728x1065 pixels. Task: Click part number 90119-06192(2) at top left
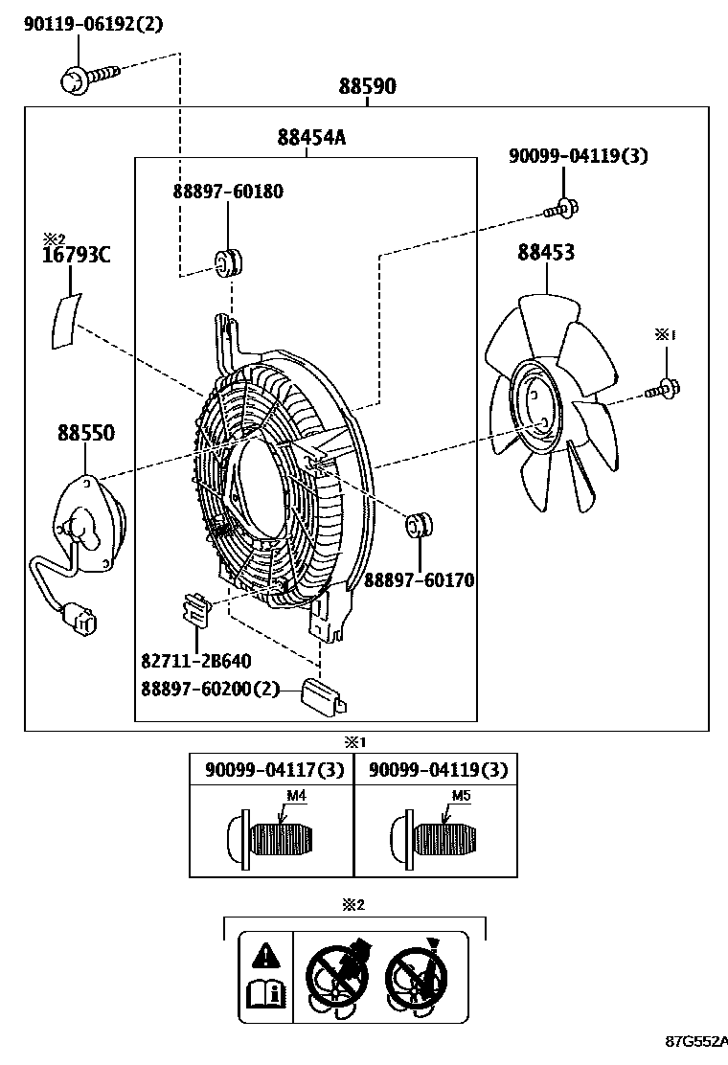click(x=93, y=25)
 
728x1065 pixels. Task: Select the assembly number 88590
click(x=367, y=87)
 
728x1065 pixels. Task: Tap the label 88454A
click(x=311, y=138)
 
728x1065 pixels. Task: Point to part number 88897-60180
click(x=228, y=192)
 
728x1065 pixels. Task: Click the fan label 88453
click(x=546, y=253)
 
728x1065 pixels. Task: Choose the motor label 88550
click(x=85, y=434)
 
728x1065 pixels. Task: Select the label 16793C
click(x=76, y=256)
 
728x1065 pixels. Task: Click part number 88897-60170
click(x=419, y=580)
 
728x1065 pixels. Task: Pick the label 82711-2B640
click(x=196, y=660)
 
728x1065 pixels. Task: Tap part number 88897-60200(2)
click(x=211, y=689)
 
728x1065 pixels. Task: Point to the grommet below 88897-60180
click(x=228, y=261)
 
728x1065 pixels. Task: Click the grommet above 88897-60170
click(x=419, y=525)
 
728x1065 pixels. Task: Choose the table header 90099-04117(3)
click(x=272, y=769)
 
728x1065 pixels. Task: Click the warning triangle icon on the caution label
click(x=265, y=954)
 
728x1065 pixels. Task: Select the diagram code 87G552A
click(x=696, y=1041)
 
